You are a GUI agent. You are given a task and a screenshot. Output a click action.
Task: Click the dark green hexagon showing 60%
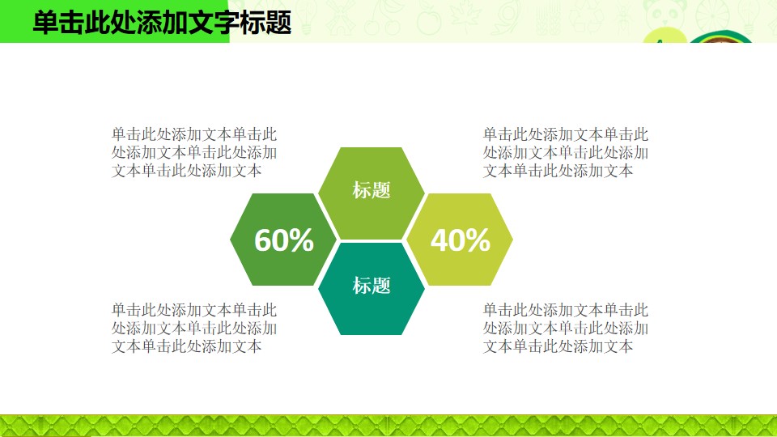tap(283, 240)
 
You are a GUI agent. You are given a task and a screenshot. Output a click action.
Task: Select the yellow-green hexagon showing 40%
tap(460, 240)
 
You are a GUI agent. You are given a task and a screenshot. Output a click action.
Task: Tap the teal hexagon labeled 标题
tap(372, 288)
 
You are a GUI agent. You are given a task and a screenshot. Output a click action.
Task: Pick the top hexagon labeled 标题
tap(372, 193)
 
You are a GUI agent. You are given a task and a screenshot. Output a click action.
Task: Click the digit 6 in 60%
tap(265, 240)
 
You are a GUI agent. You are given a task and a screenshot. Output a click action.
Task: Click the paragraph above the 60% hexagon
tap(194, 153)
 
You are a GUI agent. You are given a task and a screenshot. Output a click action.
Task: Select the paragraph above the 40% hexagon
tap(566, 153)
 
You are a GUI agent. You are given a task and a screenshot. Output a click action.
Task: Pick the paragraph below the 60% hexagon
tap(194, 328)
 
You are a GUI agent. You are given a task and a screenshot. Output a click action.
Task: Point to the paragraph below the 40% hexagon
tap(566, 328)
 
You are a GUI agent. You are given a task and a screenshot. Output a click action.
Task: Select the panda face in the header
tap(664, 14)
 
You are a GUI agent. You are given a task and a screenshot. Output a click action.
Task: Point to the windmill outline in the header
tap(341, 18)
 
